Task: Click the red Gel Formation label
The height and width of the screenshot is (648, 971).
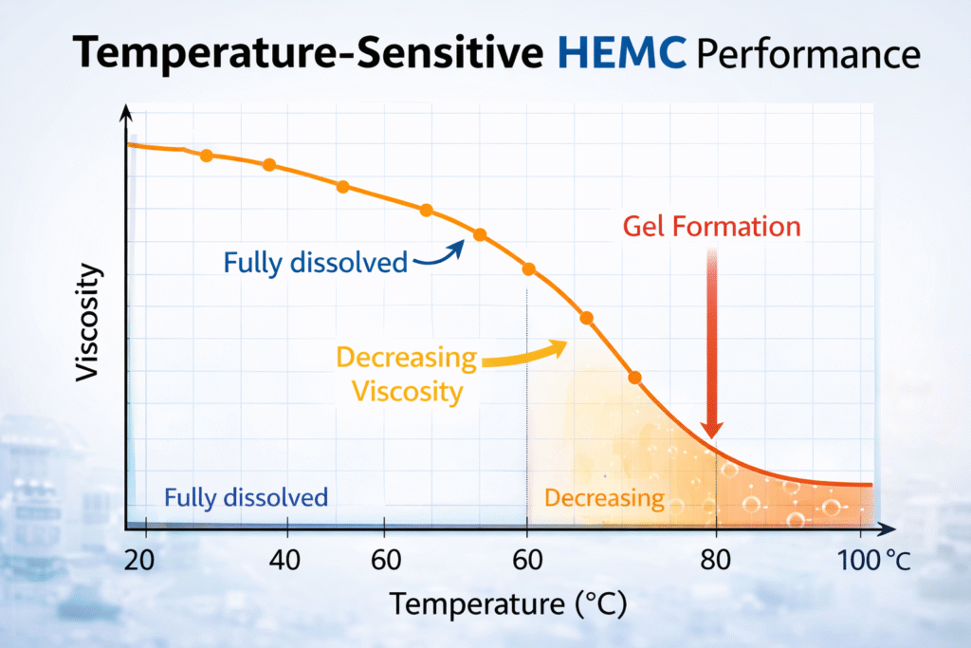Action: [712, 227]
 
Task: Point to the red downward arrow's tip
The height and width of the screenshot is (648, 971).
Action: [713, 435]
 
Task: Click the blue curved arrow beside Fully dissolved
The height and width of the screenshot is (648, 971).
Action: [439, 254]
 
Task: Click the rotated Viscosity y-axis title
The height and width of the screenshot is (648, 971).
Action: [88, 323]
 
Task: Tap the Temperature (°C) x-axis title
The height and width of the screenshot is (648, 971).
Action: [507, 602]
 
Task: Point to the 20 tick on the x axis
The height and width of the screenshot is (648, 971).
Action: [138, 557]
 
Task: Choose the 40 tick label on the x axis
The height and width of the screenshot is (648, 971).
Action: [285, 557]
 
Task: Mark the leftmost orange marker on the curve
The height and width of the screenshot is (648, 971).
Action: [206, 156]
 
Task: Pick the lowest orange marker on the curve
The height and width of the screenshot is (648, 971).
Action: [634, 378]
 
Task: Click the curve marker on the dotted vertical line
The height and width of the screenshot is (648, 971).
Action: [529, 269]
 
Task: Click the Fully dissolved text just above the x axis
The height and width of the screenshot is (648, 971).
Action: [246, 497]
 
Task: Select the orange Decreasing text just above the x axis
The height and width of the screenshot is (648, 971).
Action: [604, 498]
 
